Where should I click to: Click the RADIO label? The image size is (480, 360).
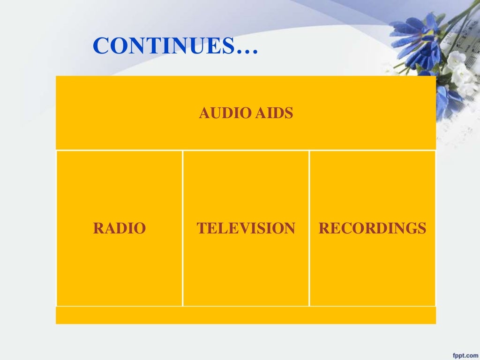click(120, 229)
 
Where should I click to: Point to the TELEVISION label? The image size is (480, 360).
click(246, 229)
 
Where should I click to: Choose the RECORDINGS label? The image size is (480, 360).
click(372, 229)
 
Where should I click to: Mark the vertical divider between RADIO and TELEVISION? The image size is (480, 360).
click(182, 229)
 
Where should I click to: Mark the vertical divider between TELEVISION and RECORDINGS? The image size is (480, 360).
click(309, 229)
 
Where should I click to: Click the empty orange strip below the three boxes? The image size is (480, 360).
click(246, 315)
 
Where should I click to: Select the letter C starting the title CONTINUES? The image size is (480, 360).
click(100, 46)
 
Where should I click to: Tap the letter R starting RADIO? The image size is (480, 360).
click(97, 229)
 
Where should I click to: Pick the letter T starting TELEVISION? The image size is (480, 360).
click(201, 229)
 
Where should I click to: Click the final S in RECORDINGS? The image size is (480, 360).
click(422, 229)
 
